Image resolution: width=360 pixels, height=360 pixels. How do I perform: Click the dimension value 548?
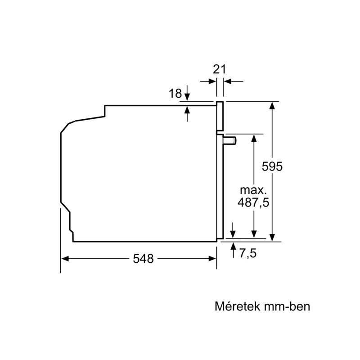[143, 259]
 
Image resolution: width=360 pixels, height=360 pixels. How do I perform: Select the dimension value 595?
[272, 166]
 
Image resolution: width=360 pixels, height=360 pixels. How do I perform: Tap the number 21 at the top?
[220, 69]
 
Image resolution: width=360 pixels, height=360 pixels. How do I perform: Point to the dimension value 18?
[175, 94]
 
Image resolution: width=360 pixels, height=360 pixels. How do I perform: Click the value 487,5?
[253, 202]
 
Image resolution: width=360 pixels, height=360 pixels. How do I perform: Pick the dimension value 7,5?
[248, 253]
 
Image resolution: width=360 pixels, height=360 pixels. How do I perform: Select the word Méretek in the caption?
[238, 306]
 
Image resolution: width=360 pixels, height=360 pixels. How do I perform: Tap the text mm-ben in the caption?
[287, 306]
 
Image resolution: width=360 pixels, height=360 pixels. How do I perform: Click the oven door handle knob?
[230, 140]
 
